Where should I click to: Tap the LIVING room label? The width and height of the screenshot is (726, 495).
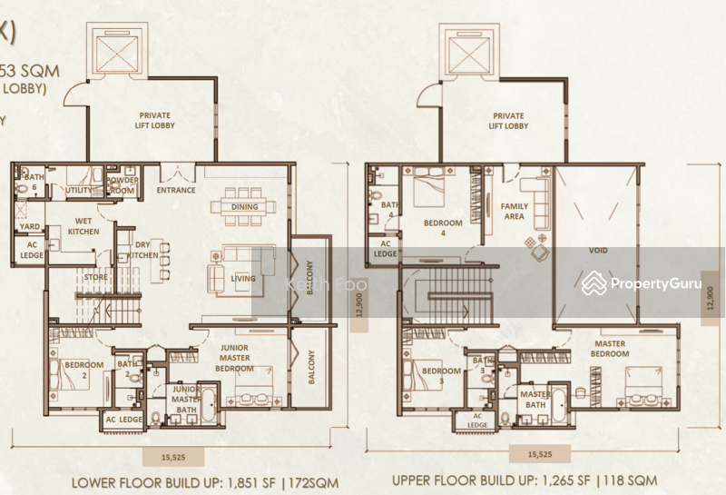click(x=242, y=279)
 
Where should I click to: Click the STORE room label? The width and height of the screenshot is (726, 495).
click(x=95, y=278)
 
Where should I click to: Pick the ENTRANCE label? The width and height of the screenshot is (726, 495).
click(x=176, y=190)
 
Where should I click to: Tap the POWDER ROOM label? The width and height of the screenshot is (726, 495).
click(x=123, y=184)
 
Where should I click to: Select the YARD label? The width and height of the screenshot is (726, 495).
click(x=30, y=228)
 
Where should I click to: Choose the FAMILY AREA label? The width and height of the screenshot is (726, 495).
click(x=515, y=212)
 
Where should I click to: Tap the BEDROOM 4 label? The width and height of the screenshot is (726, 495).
click(x=443, y=227)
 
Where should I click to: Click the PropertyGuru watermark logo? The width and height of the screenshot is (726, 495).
click(x=641, y=283)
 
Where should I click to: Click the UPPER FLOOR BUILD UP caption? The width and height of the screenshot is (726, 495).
click(x=525, y=479)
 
